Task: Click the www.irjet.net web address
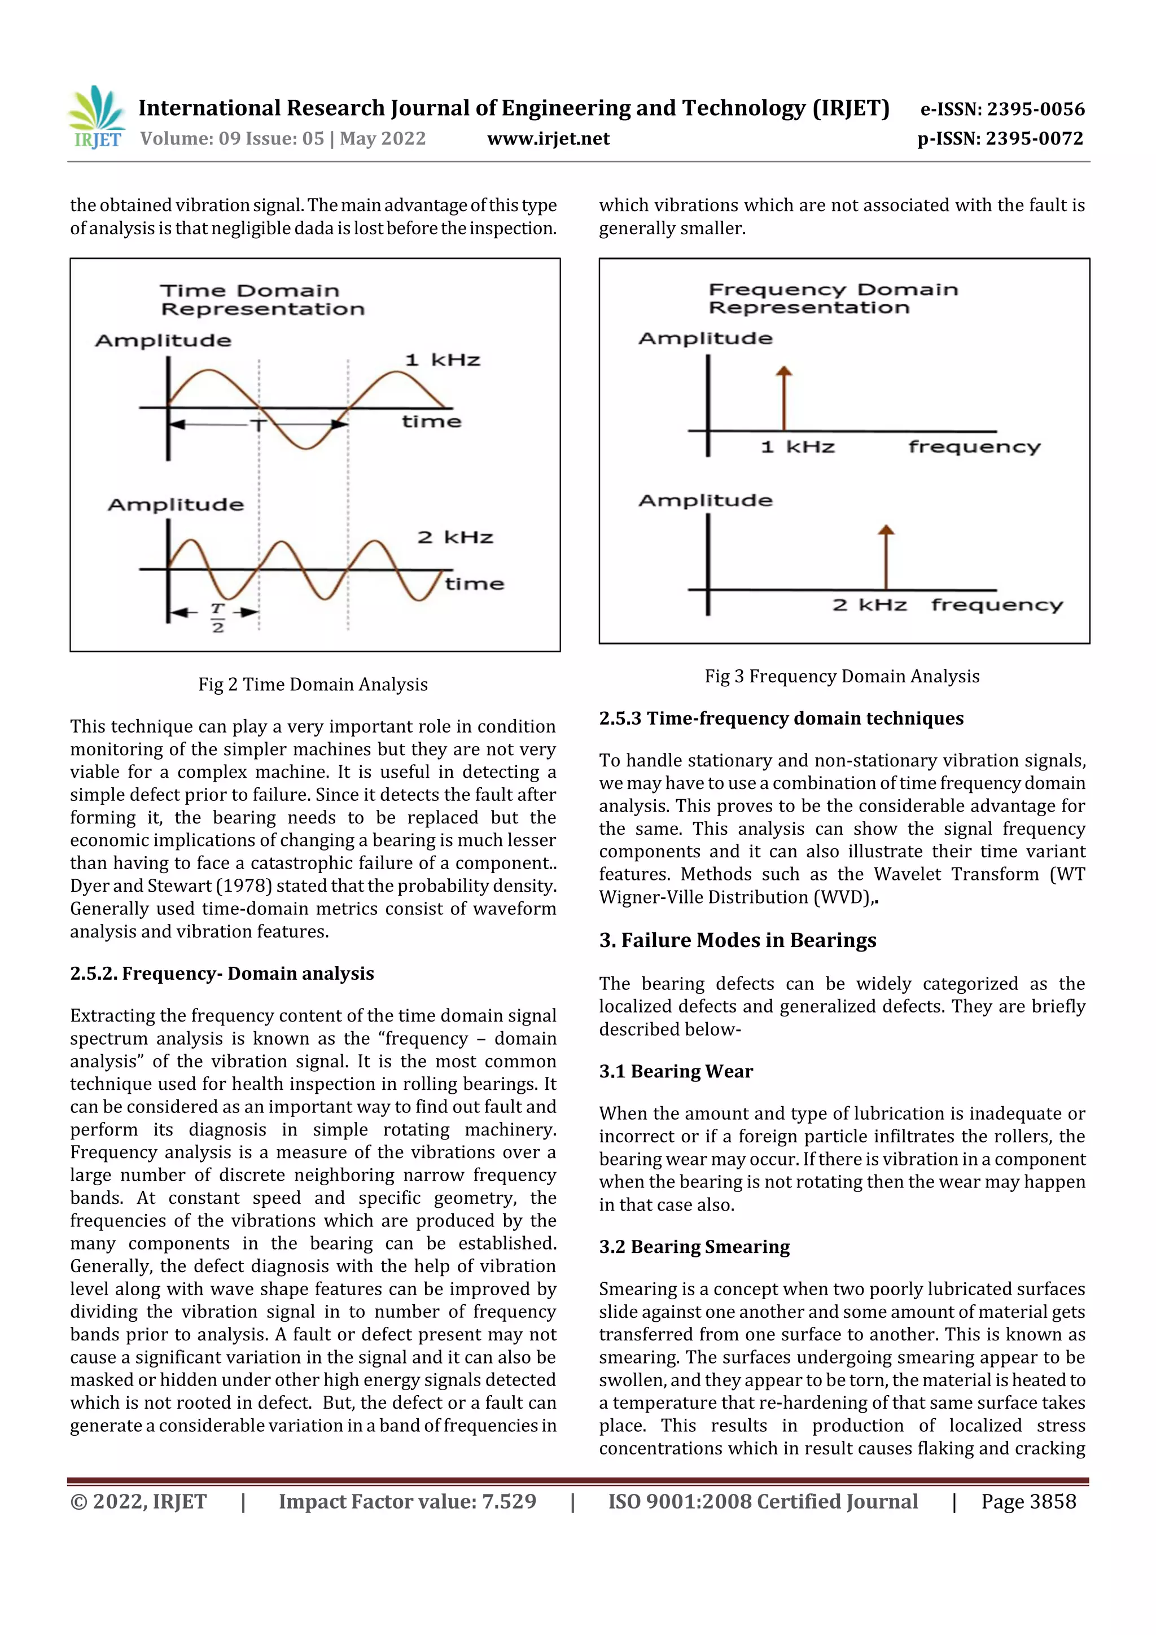[x=548, y=138]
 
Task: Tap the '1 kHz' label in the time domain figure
[x=443, y=360]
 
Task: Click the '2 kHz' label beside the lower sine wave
[x=454, y=537]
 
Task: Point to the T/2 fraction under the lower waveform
[x=217, y=617]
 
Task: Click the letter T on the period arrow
[x=258, y=425]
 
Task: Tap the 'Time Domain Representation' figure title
[x=261, y=300]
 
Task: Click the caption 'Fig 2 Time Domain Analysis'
[x=313, y=685]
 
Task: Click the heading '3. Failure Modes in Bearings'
[x=737, y=940]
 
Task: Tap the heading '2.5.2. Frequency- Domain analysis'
[x=221, y=973]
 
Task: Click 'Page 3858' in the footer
[x=1028, y=1501]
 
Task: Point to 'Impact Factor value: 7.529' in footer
[x=407, y=1501]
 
